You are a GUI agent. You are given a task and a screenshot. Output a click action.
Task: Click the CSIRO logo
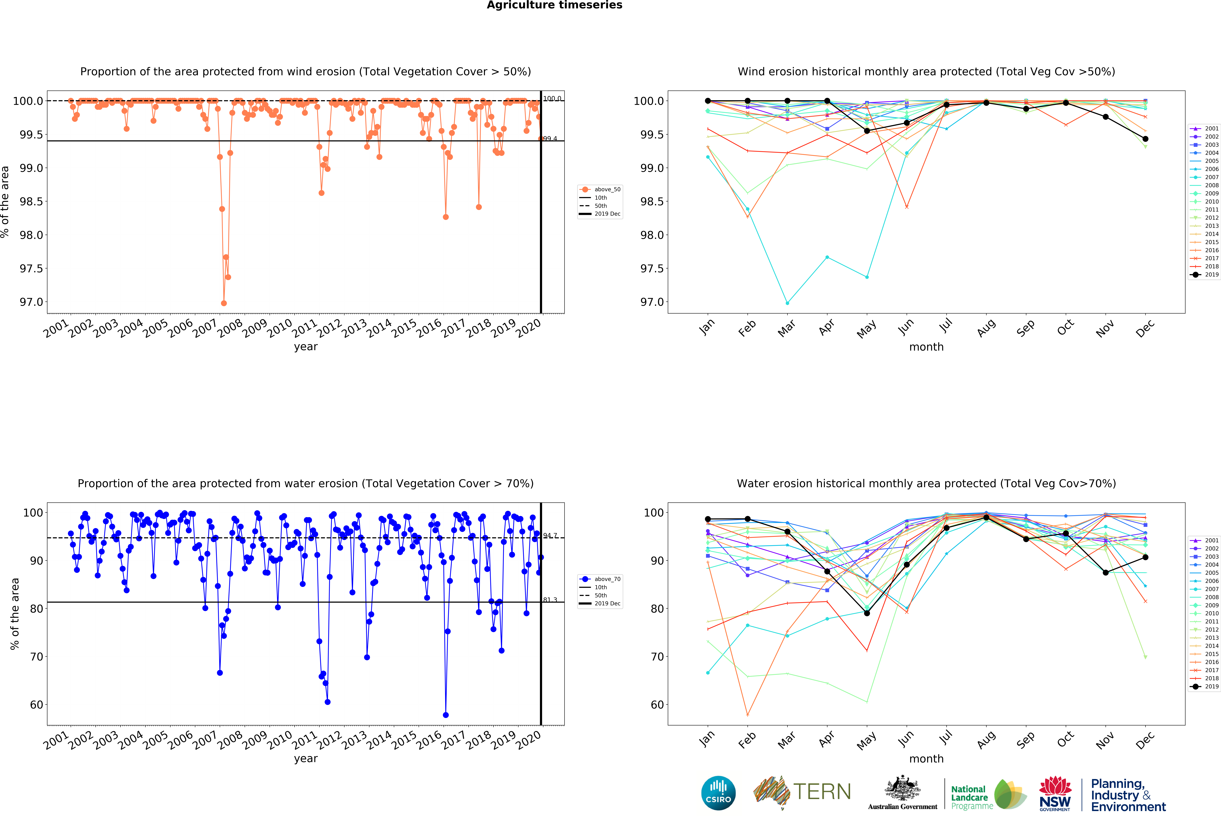click(x=718, y=793)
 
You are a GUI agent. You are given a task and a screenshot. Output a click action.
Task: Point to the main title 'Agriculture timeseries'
click(x=554, y=5)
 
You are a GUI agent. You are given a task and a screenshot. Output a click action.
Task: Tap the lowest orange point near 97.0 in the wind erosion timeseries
click(x=224, y=303)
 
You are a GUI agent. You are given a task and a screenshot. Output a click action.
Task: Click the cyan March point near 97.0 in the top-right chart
click(x=787, y=303)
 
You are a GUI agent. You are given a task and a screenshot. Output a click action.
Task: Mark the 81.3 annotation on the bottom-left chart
click(x=550, y=600)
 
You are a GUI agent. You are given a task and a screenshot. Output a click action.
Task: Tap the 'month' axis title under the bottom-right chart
click(x=926, y=759)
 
